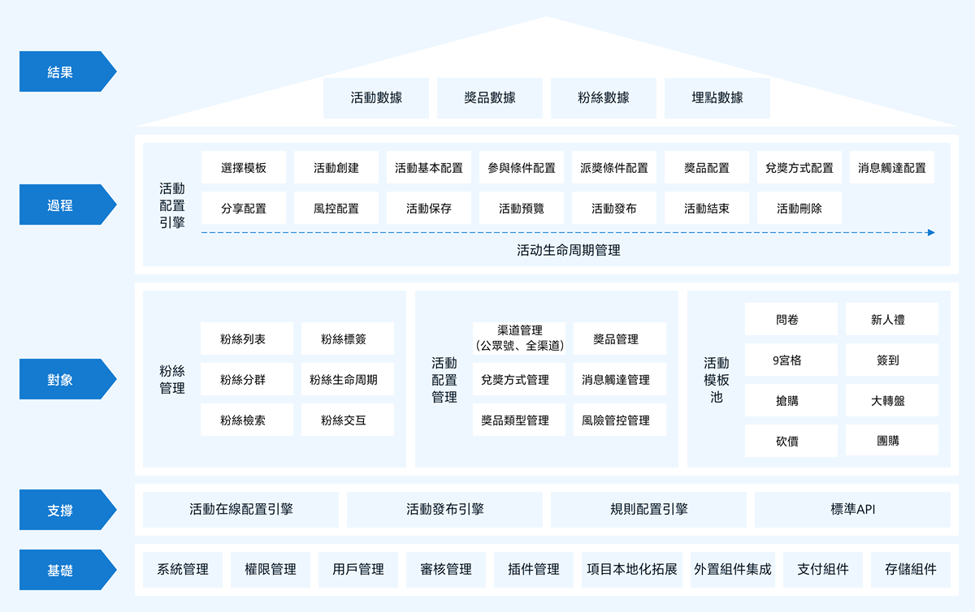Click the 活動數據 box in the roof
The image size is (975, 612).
click(x=376, y=98)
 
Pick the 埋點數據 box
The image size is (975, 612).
click(x=717, y=98)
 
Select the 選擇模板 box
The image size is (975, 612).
click(x=244, y=167)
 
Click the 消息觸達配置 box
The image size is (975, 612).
click(x=892, y=167)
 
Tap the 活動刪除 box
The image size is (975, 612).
click(x=799, y=208)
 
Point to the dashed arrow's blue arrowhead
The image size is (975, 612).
click(x=931, y=233)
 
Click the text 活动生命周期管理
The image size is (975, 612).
click(x=569, y=250)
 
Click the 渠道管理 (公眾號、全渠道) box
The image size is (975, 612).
click(x=519, y=338)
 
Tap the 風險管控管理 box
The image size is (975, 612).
click(x=620, y=420)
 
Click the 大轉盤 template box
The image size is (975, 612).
click(x=892, y=400)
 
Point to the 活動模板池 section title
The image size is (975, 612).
click(x=716, y=380)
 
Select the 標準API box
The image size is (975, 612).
click(x=852, y=510)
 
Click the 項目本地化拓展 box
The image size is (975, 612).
click(x=632, y=569)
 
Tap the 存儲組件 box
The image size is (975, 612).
click(x=910, y=569)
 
